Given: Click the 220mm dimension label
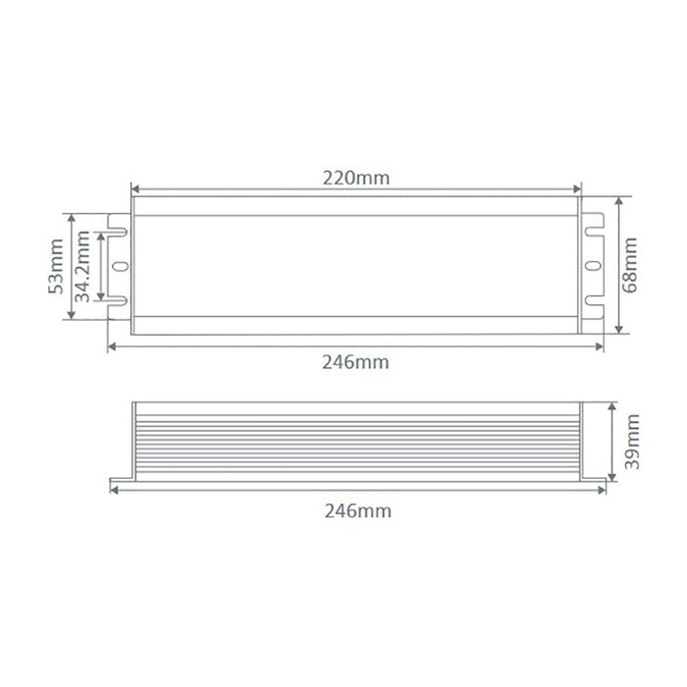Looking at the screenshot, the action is pyautogui.click(x=356, y=179).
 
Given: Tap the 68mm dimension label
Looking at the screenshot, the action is pyautogui.click(x=630, y=265).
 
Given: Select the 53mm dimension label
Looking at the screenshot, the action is pyautogui.click(x=56, y=266).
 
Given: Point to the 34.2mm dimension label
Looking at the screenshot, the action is pyautogui.click(x=81, y=266).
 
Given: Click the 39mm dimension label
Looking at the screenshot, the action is pyautogui.click(x=632, y=442).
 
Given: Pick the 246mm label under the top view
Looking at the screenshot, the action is pyautogui.click(x=355, y=362).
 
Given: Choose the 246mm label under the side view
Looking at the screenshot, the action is pyautogui.click(x=358, y=511).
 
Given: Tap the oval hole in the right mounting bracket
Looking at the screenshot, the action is pyautogui.click(x=594, y=266).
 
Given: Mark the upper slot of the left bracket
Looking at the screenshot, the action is pyautogui.click(x=118, y=232).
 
